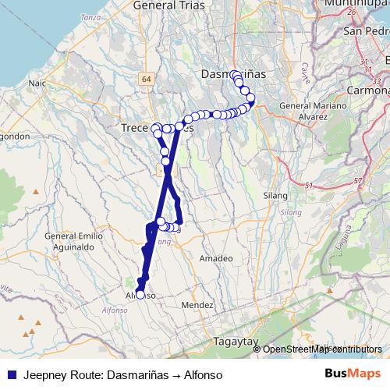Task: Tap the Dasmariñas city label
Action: [x=233, y=73]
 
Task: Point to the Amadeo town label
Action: [x=216, y=257]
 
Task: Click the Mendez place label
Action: [x=200, y=305]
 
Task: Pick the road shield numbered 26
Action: [x=352, y=12]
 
